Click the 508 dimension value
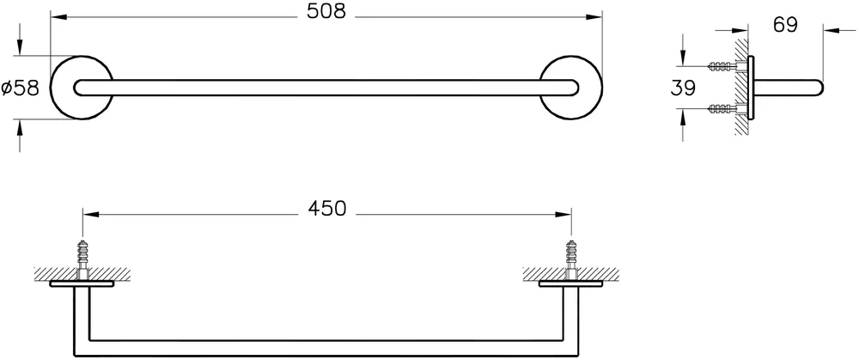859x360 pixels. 326,11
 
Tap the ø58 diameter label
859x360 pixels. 21,88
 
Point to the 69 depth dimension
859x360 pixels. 785,25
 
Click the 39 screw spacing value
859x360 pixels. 683,88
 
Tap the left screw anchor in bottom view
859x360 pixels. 82,259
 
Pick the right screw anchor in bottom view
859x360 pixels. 571,259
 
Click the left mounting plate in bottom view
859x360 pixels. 82,284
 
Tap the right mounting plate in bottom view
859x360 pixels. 571,284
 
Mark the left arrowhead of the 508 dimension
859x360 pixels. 58,17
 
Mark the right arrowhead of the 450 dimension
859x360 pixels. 564,214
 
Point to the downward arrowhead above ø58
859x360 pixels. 20,47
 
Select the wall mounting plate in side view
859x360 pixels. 751,88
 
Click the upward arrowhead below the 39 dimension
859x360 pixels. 683,117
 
